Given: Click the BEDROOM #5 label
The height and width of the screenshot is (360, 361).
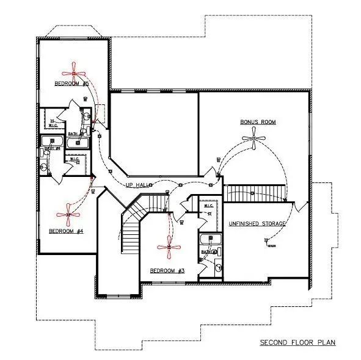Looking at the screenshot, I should coord(73,83).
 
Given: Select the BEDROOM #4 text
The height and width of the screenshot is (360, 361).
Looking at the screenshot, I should coord(66,231).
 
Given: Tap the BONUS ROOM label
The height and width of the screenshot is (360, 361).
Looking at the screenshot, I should coord(258,122).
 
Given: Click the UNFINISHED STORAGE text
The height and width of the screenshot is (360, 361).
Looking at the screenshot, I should coord(257,224).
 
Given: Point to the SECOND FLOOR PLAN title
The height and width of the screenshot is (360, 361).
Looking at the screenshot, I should coord(297,342).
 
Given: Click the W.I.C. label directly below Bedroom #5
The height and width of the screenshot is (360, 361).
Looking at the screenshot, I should coord(53,125).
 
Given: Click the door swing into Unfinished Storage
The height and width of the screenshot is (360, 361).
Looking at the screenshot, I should coord(295,207).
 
